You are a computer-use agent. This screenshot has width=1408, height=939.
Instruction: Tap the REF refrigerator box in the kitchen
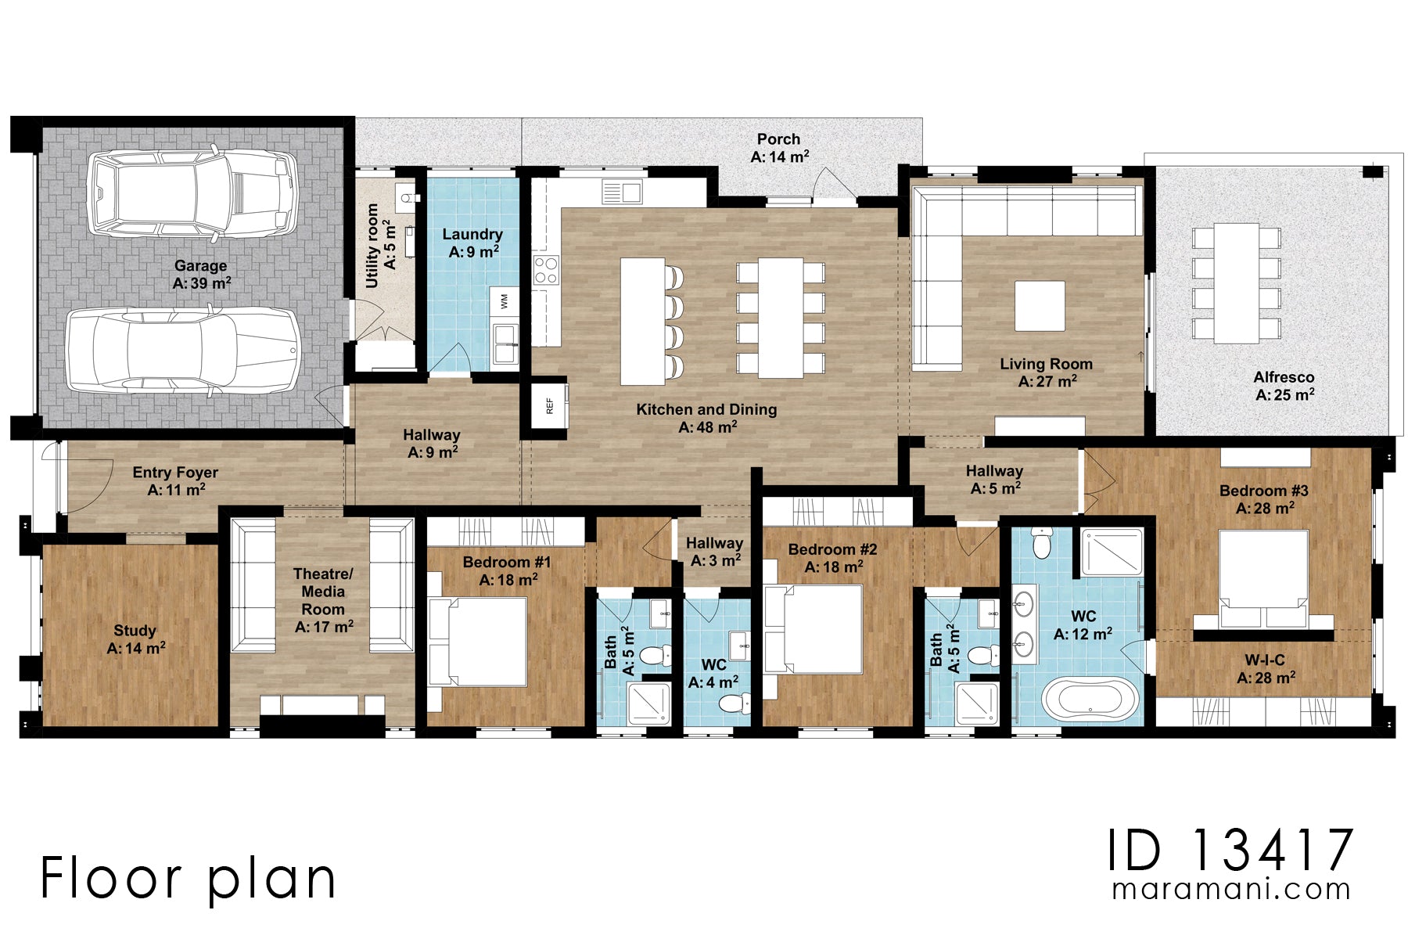[549, 405]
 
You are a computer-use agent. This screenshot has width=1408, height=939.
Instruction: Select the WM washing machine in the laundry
[505, 301]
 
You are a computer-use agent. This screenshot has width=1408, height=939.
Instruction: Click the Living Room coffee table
[1040, 306]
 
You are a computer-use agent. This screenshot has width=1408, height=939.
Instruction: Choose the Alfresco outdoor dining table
[1236, 283]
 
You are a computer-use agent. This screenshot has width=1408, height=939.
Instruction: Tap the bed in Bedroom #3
[1263, 578]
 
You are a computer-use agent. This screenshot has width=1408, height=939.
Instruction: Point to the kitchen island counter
[643, 322]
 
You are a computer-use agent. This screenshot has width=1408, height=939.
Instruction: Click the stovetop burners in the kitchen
[546, 270]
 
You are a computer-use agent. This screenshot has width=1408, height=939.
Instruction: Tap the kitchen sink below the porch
[622, 191]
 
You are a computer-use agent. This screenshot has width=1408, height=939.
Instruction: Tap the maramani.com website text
[1231, 890]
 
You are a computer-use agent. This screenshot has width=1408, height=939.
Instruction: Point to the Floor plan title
[188, 880]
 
